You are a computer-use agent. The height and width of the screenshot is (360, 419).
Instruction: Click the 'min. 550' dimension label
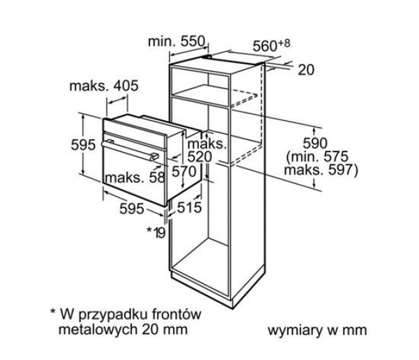click(177, 41)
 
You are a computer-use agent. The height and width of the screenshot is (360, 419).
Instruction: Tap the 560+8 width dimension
click(271, 46)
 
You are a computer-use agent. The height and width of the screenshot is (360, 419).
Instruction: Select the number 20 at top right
click(306, 70)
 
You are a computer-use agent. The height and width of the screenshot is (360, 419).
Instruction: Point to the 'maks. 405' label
click(104, 86)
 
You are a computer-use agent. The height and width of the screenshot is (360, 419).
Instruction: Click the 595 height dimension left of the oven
click(83, 145)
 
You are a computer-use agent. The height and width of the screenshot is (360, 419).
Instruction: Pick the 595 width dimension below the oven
click(132, 209)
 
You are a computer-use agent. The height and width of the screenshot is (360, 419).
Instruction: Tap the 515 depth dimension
click(189, 207)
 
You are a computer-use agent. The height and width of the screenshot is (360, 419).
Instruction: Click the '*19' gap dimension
click(157, 232)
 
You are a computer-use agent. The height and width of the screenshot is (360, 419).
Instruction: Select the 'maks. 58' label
click(135, 177)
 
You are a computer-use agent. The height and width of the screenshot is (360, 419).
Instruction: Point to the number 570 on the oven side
click(184, 172)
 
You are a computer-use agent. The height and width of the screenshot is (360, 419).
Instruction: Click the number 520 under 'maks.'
click(200, 157)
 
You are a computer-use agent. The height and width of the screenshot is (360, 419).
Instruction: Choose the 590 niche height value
click(315, 143)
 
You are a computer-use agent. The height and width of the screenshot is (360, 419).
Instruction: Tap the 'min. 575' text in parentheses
click(317, 157)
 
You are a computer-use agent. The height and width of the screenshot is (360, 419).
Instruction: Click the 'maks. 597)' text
click(321, 170)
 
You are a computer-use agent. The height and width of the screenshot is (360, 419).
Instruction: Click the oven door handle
click(129, 151)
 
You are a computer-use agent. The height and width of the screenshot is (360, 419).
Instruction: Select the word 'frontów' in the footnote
click(177, 314)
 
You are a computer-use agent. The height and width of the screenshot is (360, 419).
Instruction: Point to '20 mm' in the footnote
click(164, 329)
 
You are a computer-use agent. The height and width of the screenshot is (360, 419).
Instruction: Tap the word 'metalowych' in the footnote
click(98, 329)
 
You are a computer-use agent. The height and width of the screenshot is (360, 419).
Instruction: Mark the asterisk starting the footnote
click(53, 311)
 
